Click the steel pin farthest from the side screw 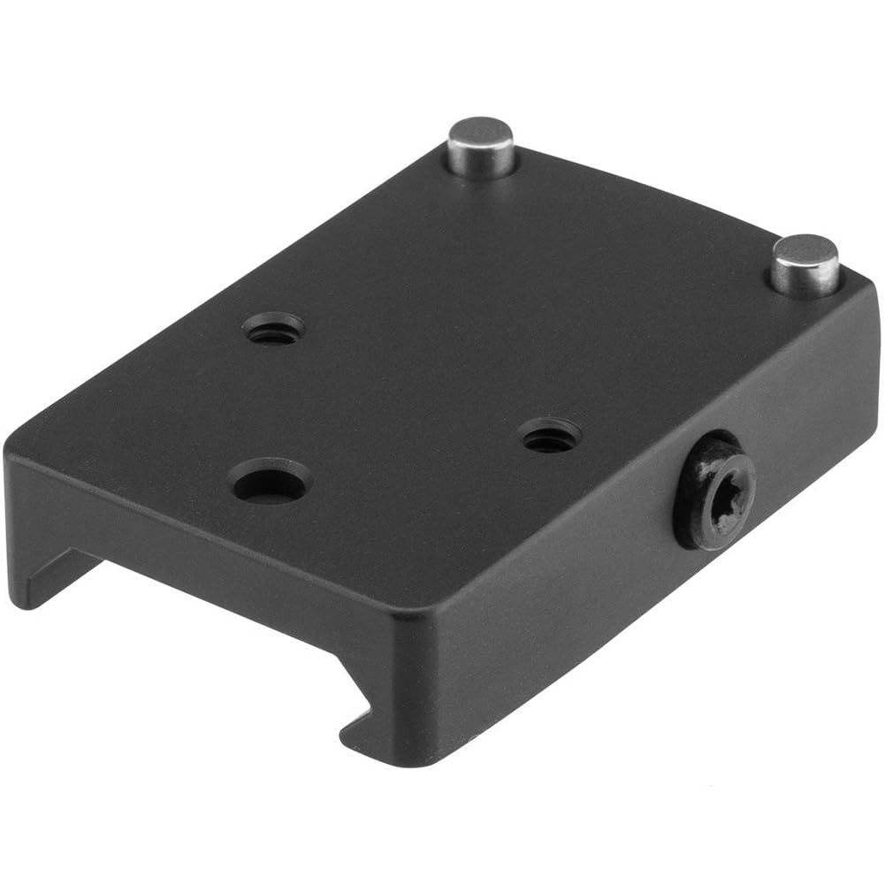click(x=481, y=149)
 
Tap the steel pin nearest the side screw click(x=805, y=263)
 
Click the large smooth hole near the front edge click(x=269, y=481)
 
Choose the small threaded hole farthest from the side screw click(x=273, y=330)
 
